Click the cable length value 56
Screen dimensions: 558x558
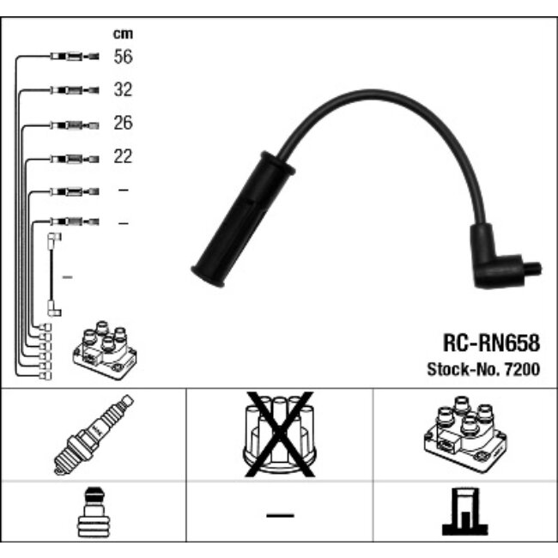point(123,57)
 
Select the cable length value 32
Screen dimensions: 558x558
point(123,89)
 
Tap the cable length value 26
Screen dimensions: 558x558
point(123,123)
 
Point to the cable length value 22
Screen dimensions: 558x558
point(123,156)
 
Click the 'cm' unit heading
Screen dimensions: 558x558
point(123,33)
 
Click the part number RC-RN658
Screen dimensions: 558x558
point(491,343)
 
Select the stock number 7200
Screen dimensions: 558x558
point(523,369)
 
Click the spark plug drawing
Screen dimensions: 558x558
point(94,434)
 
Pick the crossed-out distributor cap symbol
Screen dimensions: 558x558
point(279,434)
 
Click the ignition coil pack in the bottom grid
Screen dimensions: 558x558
point(465,434)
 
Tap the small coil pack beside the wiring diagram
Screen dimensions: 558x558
point(105,350)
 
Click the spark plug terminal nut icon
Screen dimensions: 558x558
point(94,513)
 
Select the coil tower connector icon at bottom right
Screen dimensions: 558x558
point(465,512)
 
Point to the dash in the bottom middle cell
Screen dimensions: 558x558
point(280,515)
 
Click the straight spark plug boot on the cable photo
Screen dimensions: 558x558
point(244,219)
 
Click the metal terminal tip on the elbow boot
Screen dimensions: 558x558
point(533,269)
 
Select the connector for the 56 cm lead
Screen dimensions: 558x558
point(75,57)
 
